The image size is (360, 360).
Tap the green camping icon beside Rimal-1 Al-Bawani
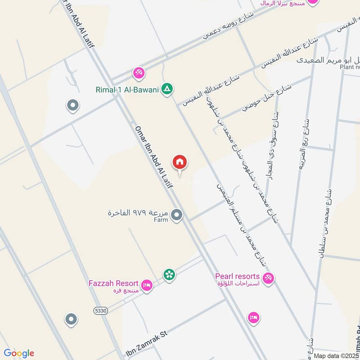click(167, 89)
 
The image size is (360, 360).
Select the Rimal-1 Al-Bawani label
click(127, 90)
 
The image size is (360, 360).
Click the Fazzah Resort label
click(113, 283)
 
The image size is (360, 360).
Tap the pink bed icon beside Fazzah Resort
click(147, 285)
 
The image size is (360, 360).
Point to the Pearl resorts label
click(238, 276)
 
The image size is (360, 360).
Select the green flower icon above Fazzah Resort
click(169, 274)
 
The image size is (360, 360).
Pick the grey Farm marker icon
click(177, 215)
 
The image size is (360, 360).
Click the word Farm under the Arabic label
click(160, 220)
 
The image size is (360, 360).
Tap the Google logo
click(18, 353)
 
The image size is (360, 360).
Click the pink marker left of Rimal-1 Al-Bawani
click(138, 72)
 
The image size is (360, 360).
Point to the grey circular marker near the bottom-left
click(71, 319)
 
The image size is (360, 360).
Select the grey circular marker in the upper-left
click(72, 106)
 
